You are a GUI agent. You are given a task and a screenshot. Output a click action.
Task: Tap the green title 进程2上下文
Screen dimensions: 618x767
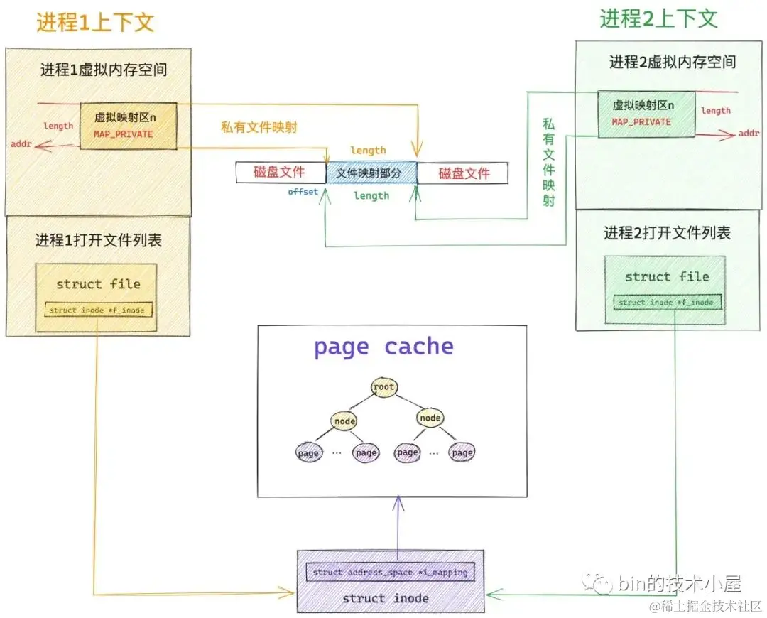point(658,18)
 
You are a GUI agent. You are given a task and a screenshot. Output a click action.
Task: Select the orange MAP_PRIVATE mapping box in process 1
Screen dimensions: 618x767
point(128,125)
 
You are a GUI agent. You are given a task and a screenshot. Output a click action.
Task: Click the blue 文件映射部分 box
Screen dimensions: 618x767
point(370,173)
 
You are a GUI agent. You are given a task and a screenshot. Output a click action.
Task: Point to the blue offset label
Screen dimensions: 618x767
point(303,192)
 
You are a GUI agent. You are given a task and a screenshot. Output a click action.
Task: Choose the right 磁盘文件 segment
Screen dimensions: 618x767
point(464,173)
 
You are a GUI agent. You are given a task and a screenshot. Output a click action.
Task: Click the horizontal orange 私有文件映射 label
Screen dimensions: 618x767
point(259,128)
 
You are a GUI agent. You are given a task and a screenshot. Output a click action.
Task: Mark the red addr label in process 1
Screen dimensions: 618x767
point(21,145)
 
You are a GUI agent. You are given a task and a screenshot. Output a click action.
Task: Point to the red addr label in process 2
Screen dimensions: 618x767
point(749,133)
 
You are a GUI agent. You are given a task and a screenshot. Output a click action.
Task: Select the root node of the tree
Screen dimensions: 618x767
point(383,387)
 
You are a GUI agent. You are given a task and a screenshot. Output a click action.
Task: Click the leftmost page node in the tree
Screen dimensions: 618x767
point(308,452)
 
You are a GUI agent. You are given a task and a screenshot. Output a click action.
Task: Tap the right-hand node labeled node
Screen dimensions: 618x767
point(430,418)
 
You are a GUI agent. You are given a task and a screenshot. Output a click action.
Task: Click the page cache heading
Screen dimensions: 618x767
point(383,347)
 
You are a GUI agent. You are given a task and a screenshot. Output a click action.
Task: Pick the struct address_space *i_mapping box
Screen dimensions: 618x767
point(390,572)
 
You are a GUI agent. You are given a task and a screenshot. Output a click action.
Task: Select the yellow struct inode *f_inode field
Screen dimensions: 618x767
point(99,310)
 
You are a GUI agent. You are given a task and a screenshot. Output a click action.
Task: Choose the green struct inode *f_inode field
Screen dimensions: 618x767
point(665,303)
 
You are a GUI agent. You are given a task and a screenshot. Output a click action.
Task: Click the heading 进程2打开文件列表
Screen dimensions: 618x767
point(667,233)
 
